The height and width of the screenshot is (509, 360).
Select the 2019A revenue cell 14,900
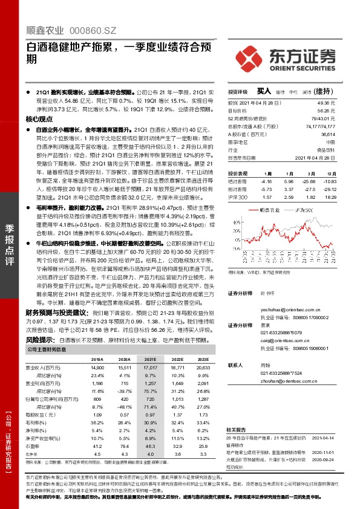coord(97,367)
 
